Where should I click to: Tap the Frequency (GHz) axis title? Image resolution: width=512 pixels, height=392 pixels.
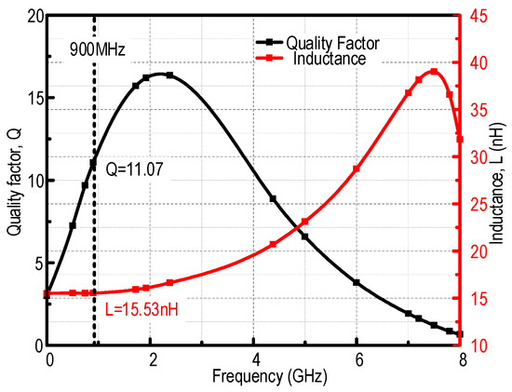(254, 380)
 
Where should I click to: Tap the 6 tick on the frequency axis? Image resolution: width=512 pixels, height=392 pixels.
(357, 359)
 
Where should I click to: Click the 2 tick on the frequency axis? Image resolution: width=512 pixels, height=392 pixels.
(152, 359)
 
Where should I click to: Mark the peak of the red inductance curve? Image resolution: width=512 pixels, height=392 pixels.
(433, 71)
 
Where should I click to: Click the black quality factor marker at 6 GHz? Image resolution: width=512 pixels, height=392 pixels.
(357, 282)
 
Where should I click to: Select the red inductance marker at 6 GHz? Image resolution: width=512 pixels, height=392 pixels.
(357, 169)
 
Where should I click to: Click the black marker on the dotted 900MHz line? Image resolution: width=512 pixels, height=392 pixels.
(93, 164)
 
